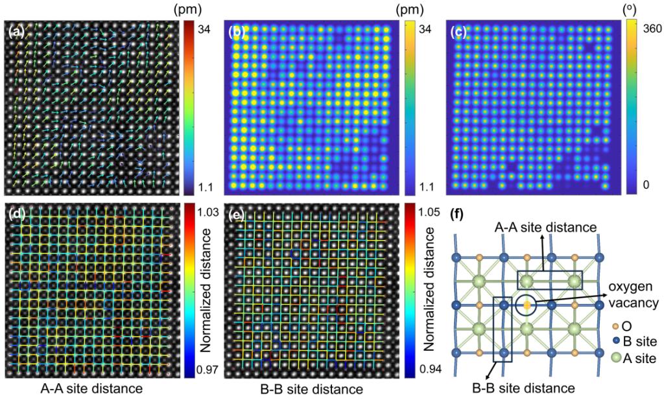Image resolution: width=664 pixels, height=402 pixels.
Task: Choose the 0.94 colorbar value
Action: [428, 370]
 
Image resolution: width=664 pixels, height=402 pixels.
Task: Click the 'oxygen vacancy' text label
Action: [633, 294]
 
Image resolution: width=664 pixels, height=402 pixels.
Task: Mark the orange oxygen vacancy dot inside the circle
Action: [527, 304]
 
